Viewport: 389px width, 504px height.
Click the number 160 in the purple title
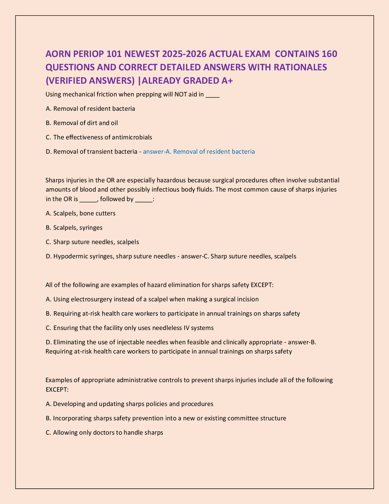point(328,54)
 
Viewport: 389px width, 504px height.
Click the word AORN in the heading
point(58,54)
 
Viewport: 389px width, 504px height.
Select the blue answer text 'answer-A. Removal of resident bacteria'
point(199,151)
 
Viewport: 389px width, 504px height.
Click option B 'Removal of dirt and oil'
point(82,123)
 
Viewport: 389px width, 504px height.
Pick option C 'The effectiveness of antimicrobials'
point(99,137)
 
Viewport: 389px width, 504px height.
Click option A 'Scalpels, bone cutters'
point(81,213)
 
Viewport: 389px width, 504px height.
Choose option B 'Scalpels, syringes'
point(74,227)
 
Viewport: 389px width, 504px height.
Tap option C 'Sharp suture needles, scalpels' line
point(92,242)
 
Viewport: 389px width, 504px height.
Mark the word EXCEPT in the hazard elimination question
point(261,285)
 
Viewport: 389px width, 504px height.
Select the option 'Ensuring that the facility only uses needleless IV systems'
point(130,328)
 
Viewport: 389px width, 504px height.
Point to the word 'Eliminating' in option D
point(68,342)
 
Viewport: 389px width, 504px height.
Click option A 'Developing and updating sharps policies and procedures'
point(130,404)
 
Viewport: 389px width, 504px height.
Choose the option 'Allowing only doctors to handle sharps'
point(105,432)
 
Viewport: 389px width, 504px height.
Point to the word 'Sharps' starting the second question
point(55,180)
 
